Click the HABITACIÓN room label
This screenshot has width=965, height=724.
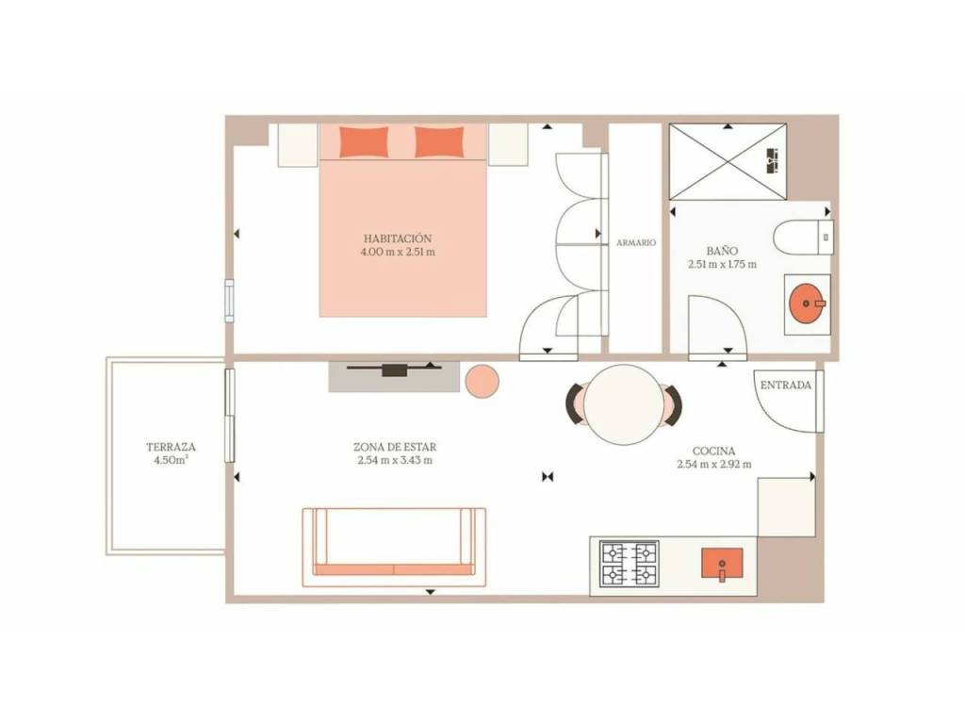click(398, 239)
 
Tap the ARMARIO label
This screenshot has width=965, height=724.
click(636, 243)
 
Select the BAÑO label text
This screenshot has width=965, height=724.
click(722, 251)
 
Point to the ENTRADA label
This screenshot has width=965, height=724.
click(786, 386)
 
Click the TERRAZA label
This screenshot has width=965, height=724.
click(172, 447)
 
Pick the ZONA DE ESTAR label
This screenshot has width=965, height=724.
click(395, 447)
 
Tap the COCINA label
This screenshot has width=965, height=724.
click(714, 451)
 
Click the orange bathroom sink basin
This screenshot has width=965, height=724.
click(807, 304)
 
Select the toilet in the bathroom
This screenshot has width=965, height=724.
click(803, 237)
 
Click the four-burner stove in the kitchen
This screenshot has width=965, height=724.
click(629, 564)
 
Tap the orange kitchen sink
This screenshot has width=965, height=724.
click(722, 564)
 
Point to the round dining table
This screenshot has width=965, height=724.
click(624, 403)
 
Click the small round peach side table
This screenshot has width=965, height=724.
click(482, 381)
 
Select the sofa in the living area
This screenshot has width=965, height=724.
click(394, 548)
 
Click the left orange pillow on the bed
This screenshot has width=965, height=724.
click(365, 142)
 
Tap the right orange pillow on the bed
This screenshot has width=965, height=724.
click(439, 142)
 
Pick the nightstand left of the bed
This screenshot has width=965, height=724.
click(298, 145)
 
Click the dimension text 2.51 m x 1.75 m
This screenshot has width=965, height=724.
click(722, 265)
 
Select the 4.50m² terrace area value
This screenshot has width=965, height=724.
click(172, 460)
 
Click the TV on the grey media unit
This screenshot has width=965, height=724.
click(395, 370)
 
